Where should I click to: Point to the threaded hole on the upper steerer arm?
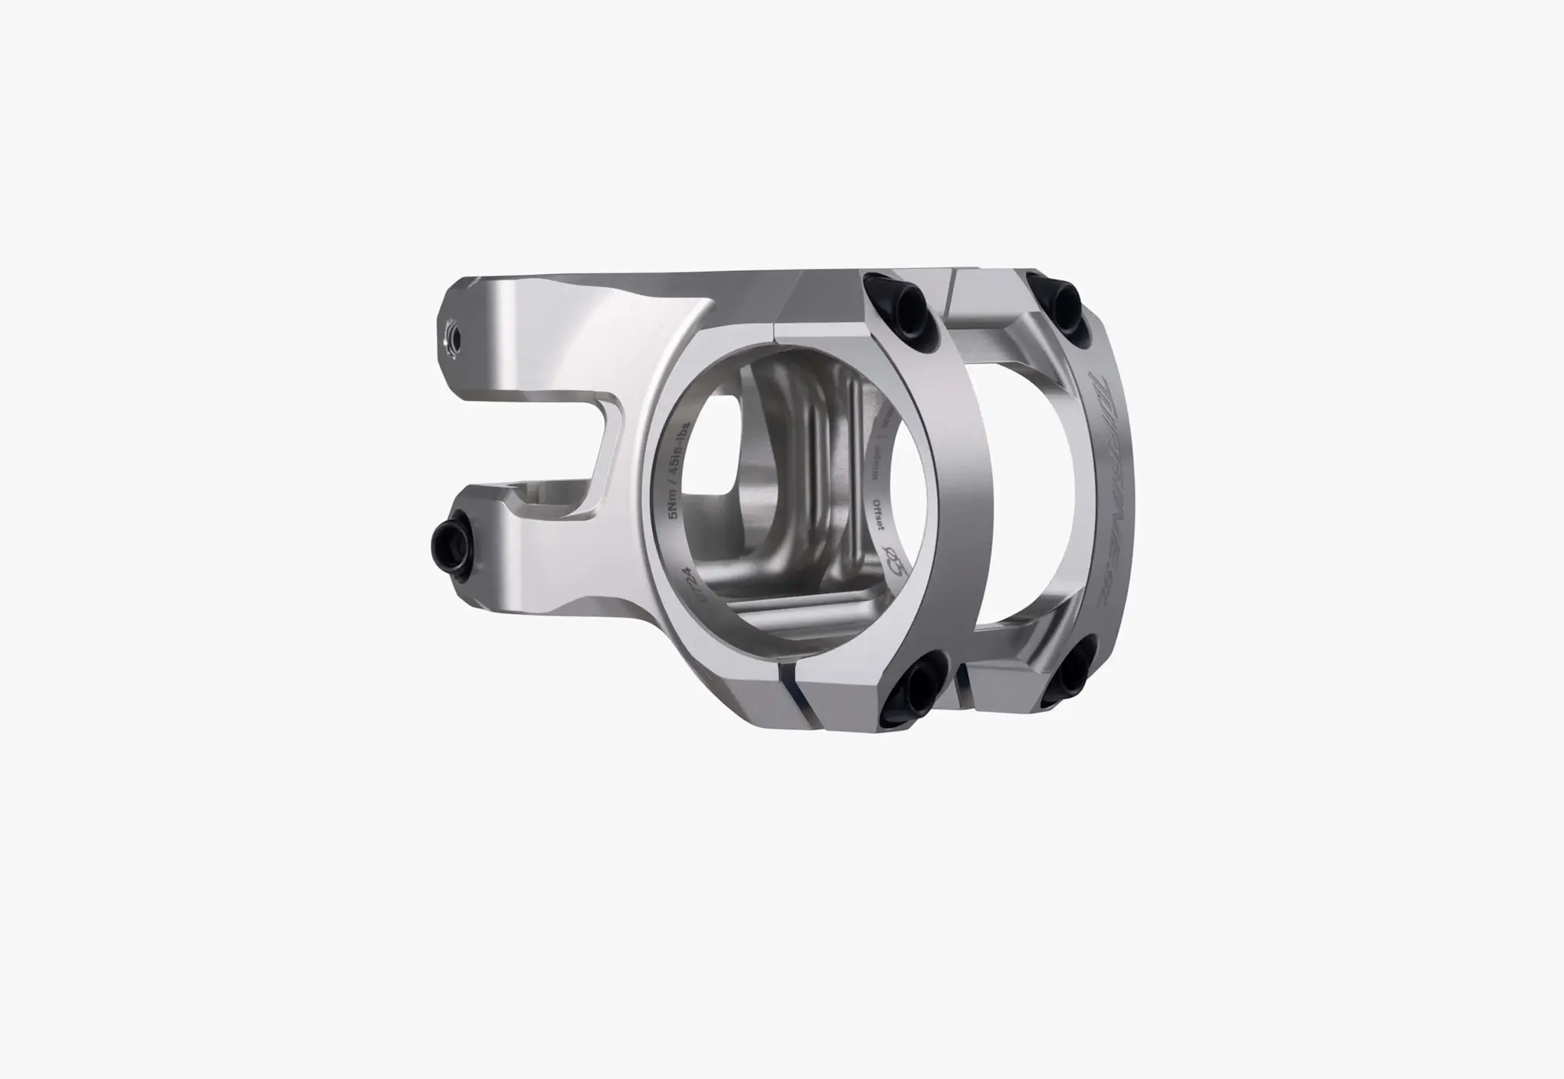pos(450,336)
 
